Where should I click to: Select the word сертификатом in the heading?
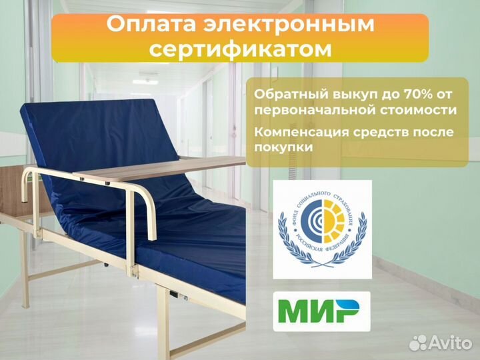[239, 49]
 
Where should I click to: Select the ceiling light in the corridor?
[145, 81]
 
